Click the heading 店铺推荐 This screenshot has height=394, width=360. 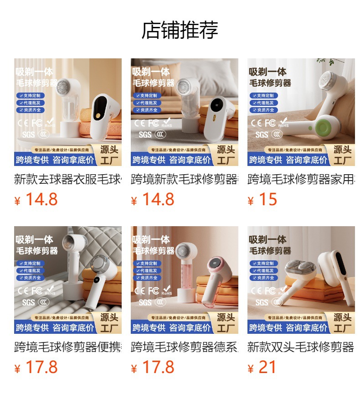[180, 30]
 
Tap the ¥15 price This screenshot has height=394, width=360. [262, 200]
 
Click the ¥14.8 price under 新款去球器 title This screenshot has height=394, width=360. [36, 200]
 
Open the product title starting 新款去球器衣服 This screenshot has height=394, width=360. [68, 179]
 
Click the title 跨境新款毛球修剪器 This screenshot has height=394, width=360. [185, 179]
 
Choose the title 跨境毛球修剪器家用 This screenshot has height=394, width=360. [301, 179]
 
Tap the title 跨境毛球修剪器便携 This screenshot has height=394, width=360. [68, 347]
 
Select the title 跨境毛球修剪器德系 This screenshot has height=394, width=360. [185, 347]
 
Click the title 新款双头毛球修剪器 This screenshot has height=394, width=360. [301, 347]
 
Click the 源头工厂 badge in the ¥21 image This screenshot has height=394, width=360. [342, 322]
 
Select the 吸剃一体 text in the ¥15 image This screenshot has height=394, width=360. [267, 72]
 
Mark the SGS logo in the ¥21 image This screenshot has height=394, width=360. [262, 302]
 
